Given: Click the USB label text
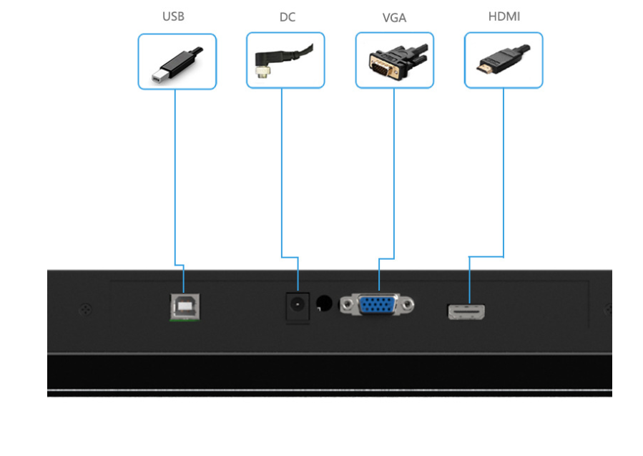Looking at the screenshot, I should click(173, 16).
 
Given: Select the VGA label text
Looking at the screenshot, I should click(394, 17).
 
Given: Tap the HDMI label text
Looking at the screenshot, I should click(504, 16).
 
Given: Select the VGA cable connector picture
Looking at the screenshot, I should click(394, 60).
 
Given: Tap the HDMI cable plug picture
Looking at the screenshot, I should click(504, 60).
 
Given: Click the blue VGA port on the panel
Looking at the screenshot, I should click(378, 305).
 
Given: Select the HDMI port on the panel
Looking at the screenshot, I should click(466, 311).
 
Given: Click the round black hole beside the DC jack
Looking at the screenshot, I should click(325, 304).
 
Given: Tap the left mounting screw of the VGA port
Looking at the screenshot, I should click(348, 306).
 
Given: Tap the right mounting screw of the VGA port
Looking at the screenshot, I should click(408, 306).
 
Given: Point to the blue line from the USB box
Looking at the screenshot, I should click(176, 179).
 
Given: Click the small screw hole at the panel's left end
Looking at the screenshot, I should click(86, 310).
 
